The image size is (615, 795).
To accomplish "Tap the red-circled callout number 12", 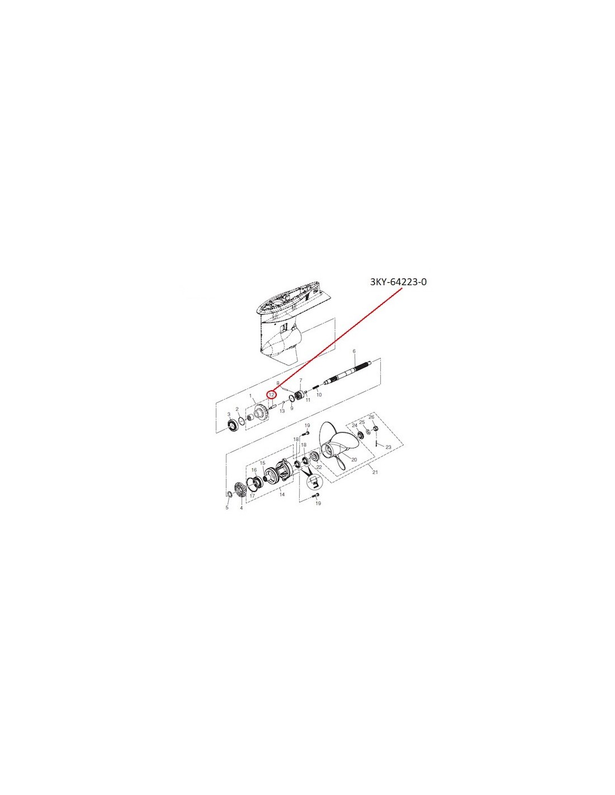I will (272, 394).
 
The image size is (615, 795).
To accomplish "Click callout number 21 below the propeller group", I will (375, 472).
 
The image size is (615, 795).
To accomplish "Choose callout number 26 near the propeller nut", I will (371, 417).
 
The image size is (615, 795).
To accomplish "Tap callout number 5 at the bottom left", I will (226, 508).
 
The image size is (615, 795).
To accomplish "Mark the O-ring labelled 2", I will (241, 420).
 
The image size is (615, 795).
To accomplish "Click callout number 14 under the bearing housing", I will (282, 494).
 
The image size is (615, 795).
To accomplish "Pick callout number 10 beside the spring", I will (319, 395).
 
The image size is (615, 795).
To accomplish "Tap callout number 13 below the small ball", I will (282, 410).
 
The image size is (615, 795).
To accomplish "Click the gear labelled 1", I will (259, 414).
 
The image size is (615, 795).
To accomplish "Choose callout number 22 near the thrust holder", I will (318, 467).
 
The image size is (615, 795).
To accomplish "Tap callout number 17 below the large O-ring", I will (252, 496).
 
